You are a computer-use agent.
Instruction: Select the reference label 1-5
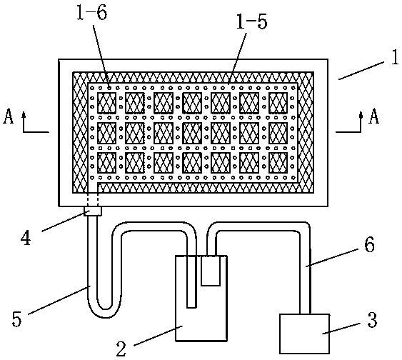251,21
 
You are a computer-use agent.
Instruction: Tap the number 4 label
26,238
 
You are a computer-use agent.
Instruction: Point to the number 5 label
17,319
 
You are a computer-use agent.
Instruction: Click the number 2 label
121,349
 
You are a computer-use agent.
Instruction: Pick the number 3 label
372,320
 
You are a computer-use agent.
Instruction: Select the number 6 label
369,244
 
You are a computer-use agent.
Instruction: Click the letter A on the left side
8,116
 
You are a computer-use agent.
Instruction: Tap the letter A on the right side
374,116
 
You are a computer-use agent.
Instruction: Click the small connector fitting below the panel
93,211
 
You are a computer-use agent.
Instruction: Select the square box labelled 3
305,334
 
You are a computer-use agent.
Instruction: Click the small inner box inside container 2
211,271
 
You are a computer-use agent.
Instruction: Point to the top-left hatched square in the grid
106,103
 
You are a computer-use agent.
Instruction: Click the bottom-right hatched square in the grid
278,163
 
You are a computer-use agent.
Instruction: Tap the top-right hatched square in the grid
278,103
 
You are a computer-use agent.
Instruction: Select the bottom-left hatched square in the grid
106,163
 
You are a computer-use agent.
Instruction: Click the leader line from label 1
361,70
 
